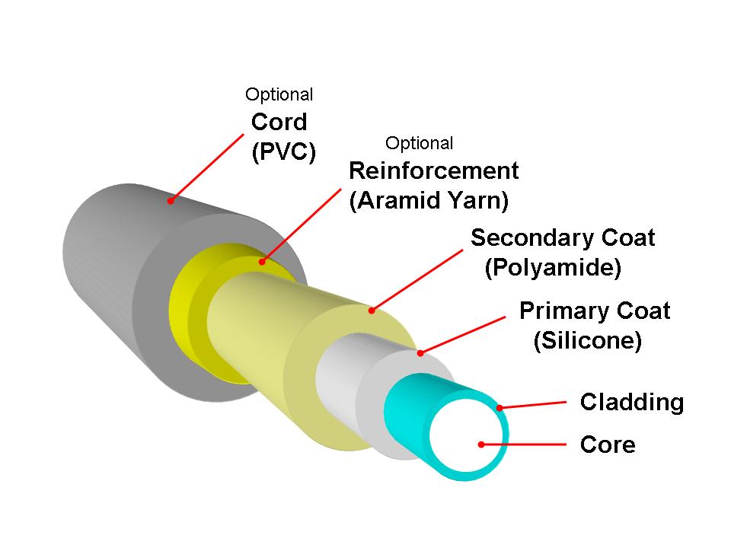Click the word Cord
click(279, 122)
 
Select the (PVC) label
click(283, 152)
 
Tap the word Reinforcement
click(433, 170)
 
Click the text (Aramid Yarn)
click(429, 201)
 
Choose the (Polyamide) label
click(553, 268)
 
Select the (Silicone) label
click(587, 341)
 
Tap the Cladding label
click(631, 402)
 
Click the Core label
click(607, 444)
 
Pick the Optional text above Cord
click(279, 95)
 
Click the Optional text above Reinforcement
click(419, 143)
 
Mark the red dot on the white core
click(480, 444)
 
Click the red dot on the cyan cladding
click(500, 408)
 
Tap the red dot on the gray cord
click(171, 201)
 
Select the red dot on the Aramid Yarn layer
click(261, 263)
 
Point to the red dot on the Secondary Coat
click(372, 310)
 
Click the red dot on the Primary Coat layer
click(420, 352)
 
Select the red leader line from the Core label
click(525, 444)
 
